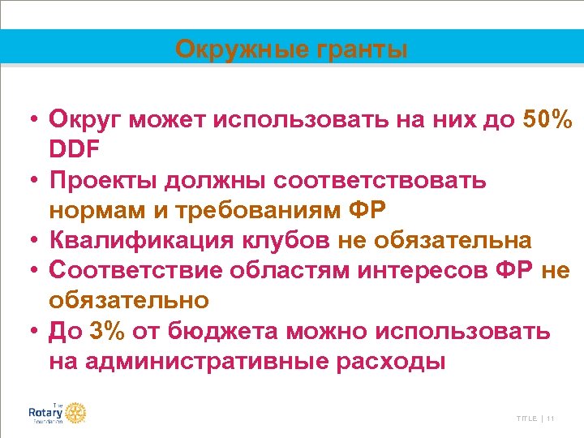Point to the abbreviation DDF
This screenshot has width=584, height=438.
(76, 150)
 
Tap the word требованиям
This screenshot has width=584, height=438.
(253, 210)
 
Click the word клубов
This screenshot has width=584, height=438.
(272, 240)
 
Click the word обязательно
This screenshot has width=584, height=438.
(129, 300)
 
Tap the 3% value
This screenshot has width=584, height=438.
(109, 331)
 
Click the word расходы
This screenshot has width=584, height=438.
(390, 361)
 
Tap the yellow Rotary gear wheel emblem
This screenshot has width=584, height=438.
(75, 413)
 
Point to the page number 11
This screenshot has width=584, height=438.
(551, 419)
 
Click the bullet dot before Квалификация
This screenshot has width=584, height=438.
(28, 241)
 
